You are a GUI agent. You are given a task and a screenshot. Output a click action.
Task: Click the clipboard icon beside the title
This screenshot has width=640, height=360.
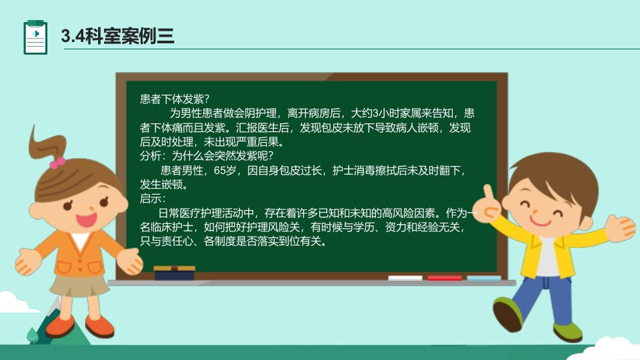coord(35,37)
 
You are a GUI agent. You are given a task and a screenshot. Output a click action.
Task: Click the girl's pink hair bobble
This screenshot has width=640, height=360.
coord(57,161)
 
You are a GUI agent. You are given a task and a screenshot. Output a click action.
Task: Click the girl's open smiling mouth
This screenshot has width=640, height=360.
coord(85,218)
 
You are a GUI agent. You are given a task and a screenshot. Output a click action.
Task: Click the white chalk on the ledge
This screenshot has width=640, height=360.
coord(405,277)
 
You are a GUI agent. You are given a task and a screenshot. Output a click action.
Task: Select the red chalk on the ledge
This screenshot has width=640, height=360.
coord(444,277)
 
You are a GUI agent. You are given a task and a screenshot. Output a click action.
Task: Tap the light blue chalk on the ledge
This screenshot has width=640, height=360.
coord(483,277)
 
